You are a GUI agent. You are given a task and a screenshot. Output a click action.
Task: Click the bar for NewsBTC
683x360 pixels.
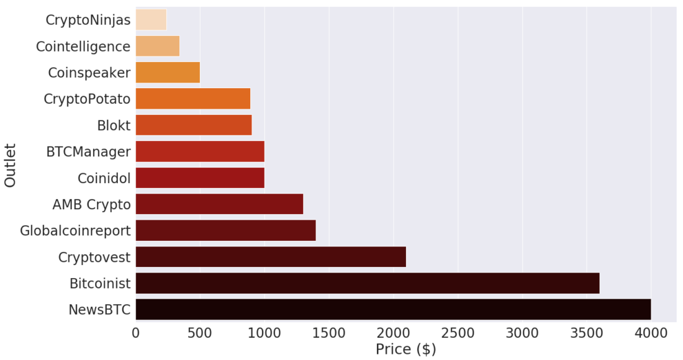click(x=392, y=309)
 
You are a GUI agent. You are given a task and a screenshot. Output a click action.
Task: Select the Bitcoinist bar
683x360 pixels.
click(x=367, y=283)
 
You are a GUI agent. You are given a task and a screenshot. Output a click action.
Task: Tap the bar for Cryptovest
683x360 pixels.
click(x=270, y=257)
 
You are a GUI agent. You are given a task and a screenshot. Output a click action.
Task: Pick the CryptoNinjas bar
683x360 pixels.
click(x=151, y=20)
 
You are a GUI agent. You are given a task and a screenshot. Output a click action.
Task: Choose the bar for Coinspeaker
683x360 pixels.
click(x=167, y=73)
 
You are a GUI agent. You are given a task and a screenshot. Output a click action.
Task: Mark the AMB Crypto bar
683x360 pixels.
click(x=219, y=204)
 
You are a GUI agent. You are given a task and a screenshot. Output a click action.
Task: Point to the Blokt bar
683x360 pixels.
click(x=193, y=125)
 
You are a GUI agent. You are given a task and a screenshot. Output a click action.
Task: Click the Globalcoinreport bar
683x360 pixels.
click(x=225, y=231)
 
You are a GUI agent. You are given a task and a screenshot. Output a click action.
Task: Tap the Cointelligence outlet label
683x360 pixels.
click(x=83, y=47)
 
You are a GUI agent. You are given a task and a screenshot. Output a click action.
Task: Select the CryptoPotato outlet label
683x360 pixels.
click(x=87, y=99)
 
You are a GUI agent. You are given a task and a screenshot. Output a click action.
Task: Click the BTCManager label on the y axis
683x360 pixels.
click(x=88, y=152)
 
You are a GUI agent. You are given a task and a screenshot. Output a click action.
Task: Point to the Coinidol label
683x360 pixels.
click(x=104, y=179)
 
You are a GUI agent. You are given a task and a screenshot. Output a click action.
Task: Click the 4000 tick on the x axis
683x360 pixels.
click(x=651, y=333)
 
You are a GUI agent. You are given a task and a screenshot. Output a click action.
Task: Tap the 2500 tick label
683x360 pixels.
click(x=458, y=333)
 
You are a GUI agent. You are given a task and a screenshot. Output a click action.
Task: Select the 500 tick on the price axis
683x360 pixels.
click(x=200, y=333)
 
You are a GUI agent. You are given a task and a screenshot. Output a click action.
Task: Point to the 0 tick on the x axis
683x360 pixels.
click(x=135, y=333)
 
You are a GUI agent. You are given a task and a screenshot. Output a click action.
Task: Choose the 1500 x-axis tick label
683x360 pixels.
click(x=328, y=333)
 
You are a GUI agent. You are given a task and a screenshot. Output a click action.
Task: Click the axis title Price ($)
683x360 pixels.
click(x=405, y=349)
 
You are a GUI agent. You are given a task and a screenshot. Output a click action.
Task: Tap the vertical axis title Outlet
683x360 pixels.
click(x=11, y=165)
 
